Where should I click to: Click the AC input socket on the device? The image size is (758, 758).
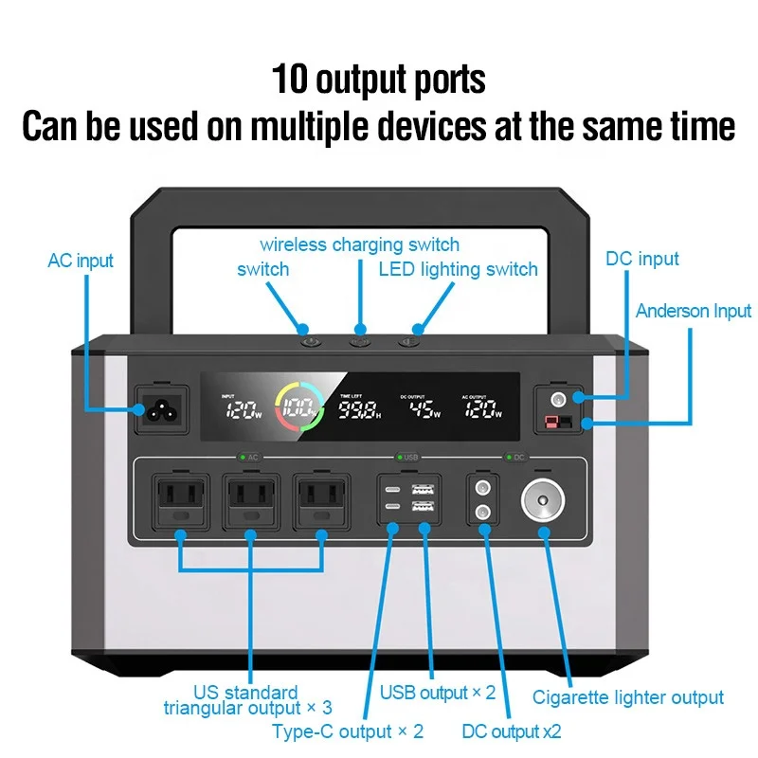(159, 408)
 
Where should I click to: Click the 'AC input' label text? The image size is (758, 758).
(81, 261)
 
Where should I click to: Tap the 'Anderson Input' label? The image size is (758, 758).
(694, 311)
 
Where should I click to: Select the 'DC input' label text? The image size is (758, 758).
(642, 259)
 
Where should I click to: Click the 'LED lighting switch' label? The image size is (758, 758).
(459, 269)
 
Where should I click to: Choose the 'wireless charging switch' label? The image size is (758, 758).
(360, 244)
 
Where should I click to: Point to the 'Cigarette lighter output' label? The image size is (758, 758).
(628, 698)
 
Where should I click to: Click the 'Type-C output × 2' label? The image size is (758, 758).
(348, 731)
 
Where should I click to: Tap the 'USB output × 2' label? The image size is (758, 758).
(438, 693)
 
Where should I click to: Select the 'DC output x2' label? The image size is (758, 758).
(512, 731)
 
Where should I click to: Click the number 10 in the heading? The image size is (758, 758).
(289, 79)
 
